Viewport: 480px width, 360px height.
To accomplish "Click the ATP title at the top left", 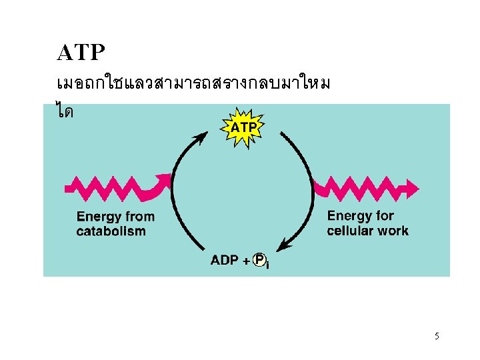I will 81,51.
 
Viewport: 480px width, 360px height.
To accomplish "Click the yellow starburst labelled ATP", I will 245,126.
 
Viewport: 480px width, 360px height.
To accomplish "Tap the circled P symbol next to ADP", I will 260,260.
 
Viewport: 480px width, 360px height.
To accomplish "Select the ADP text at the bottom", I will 225,260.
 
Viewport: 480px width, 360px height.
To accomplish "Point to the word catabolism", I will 111,231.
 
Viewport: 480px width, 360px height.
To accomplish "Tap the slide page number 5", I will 437,336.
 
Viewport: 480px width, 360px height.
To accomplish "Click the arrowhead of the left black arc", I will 200,138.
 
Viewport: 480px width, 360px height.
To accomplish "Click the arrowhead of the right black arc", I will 283,246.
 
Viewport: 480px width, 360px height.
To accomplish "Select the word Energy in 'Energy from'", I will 99,217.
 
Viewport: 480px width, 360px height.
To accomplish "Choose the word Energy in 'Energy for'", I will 349,216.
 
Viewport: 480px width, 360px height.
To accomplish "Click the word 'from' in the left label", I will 139,217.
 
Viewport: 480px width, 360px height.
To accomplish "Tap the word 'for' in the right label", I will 385,216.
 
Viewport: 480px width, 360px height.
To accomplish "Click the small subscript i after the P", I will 268,265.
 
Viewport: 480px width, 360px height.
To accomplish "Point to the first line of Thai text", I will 193,85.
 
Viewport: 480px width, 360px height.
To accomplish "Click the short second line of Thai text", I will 65,110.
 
